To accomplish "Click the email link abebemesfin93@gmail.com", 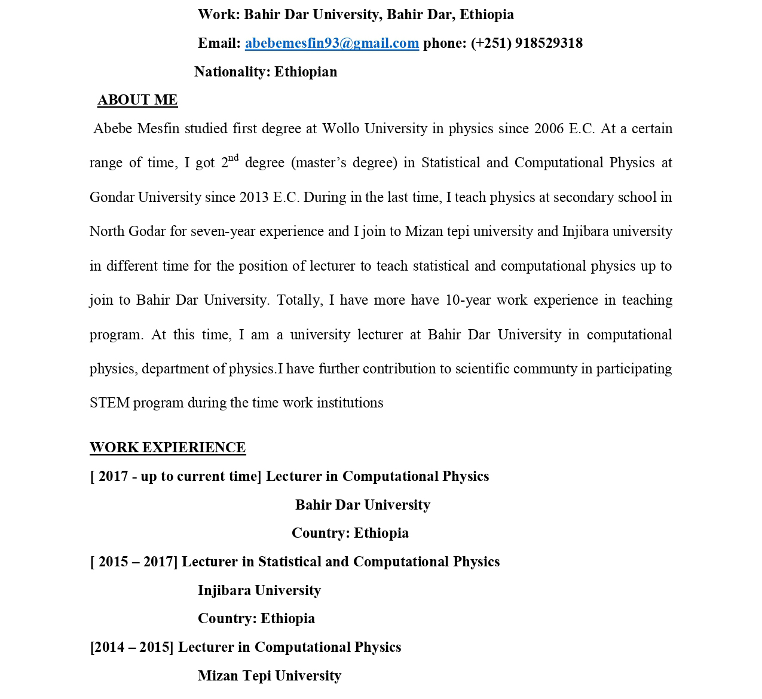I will [x=332, y=44].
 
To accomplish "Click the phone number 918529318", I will [x=548, y=44].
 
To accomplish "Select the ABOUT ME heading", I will [x=137, y=100].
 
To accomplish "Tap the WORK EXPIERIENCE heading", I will [x=167, y=447].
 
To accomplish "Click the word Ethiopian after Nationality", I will [x=305, y=72].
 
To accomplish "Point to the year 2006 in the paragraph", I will [x=549, y=129].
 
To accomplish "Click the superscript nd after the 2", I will [x=233, y=158].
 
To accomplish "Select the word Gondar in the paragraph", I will [x=112, y=197].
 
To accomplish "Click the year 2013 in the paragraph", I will [x=254, y=197].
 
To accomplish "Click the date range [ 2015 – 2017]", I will [x=134, y=562].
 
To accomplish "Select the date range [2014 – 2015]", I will [x=131, y=648].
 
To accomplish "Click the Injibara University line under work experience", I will [x=259, y=590].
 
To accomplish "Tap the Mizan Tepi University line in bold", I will [x=269, y=676].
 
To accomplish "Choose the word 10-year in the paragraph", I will [x=468, y=300].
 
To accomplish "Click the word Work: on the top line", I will [x=219, y=15].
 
